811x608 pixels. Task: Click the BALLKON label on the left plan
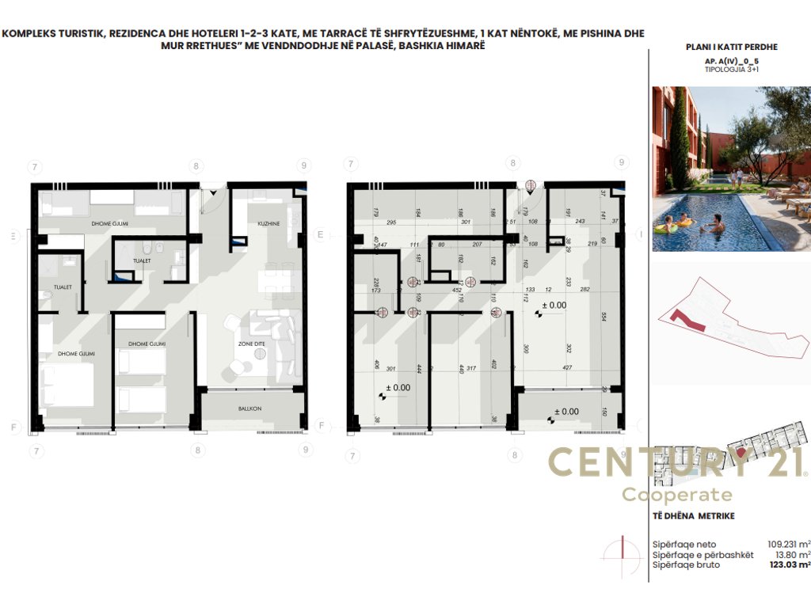(250, 409)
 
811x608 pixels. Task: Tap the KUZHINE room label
(269, 225)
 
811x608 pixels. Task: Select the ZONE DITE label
(252, 344)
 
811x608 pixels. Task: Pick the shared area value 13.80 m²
(791, 555)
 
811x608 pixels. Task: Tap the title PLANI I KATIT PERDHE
(731, 47)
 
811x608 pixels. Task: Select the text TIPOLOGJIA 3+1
(730, 70)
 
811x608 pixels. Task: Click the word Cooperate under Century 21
(677, 495)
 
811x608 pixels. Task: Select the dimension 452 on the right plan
(456, 290)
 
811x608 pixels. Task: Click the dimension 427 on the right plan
(566, 368)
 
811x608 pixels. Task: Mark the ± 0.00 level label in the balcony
(565, 412)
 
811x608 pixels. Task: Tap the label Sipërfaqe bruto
(683, 565)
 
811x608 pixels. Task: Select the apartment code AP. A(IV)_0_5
(730, 61)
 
